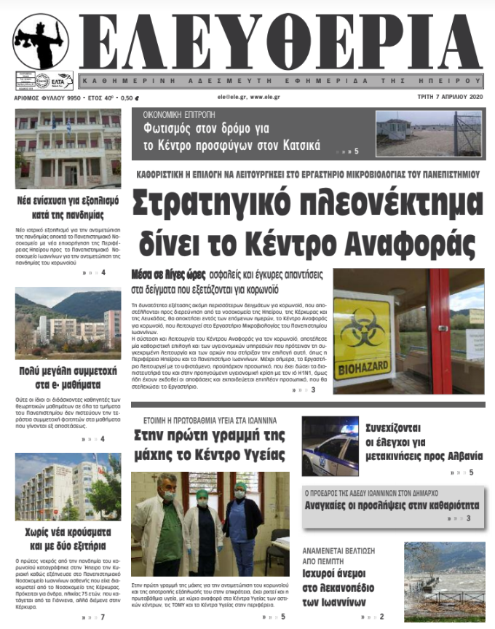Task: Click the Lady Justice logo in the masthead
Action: pos(41,42)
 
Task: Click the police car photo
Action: pos(330,446)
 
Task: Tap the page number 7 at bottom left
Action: pos(103,617)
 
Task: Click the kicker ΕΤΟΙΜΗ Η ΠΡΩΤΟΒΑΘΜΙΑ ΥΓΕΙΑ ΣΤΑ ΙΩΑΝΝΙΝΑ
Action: pos(210,420)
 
